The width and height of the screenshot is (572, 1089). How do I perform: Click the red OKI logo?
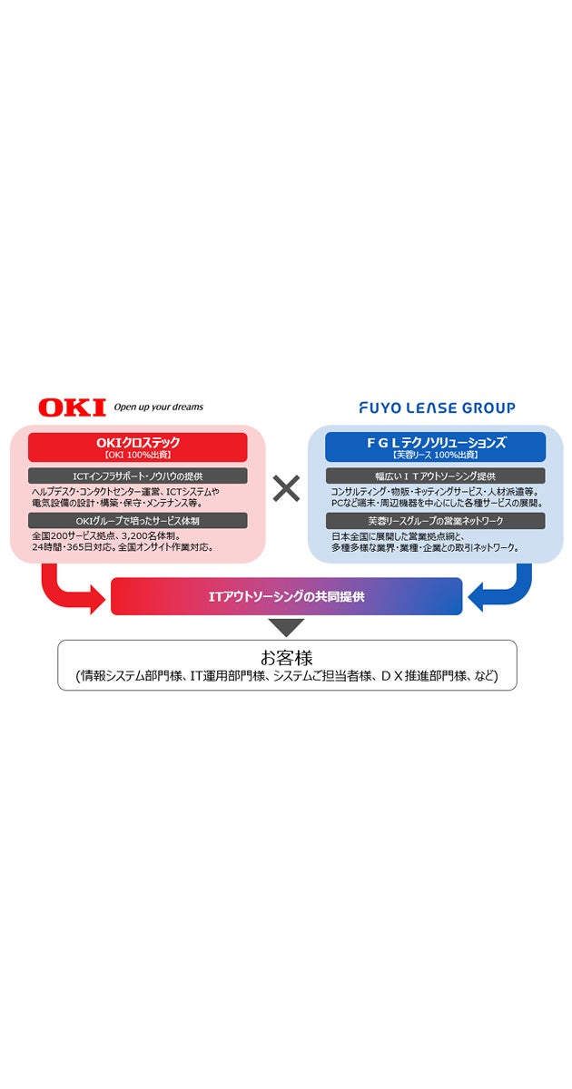[72, 407]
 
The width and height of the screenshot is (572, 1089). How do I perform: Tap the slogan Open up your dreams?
[158, 407]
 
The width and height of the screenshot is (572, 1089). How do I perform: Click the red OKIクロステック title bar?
[138, 447]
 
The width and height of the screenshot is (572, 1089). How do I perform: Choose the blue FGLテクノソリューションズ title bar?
[436, 447]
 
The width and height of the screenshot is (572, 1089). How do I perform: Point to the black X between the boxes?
[287, 489]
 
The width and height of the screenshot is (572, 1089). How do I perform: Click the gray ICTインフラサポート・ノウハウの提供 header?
[138, 476]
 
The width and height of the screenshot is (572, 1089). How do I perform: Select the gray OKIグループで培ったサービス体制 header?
[138, 521]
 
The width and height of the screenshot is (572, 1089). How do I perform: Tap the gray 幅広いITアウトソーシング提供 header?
[436, 476]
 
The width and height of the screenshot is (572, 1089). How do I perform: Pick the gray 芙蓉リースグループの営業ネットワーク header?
[436, 521]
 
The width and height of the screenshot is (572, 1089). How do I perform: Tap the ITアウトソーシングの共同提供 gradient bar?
[287, 596]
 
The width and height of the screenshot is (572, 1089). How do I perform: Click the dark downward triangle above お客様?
[287, 626]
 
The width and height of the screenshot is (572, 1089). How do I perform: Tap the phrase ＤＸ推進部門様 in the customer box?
[418, 676]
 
